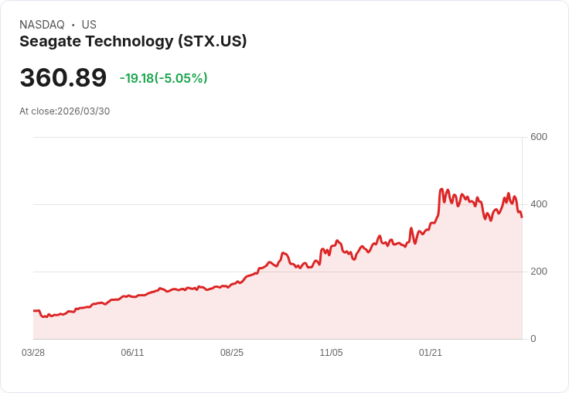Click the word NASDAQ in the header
[42, 25]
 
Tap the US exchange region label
[89, 25]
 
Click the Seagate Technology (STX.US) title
[133, 42]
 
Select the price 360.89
[63, 78]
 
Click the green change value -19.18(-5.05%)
[163, 78]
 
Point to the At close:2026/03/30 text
[64, 111]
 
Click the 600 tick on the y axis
[538, 137]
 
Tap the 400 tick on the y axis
[538, 204]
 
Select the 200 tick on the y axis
[538, 272]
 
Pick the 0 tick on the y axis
[533, 339]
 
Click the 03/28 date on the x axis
[33, 353]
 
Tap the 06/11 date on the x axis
[132, 353]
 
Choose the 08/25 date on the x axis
[232, 353]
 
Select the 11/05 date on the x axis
[331, 353]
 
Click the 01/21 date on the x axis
[431, 353]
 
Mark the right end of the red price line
[522, 217]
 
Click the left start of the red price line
[34, 311]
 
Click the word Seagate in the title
[49, 42]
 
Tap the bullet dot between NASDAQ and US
[73, 25]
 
